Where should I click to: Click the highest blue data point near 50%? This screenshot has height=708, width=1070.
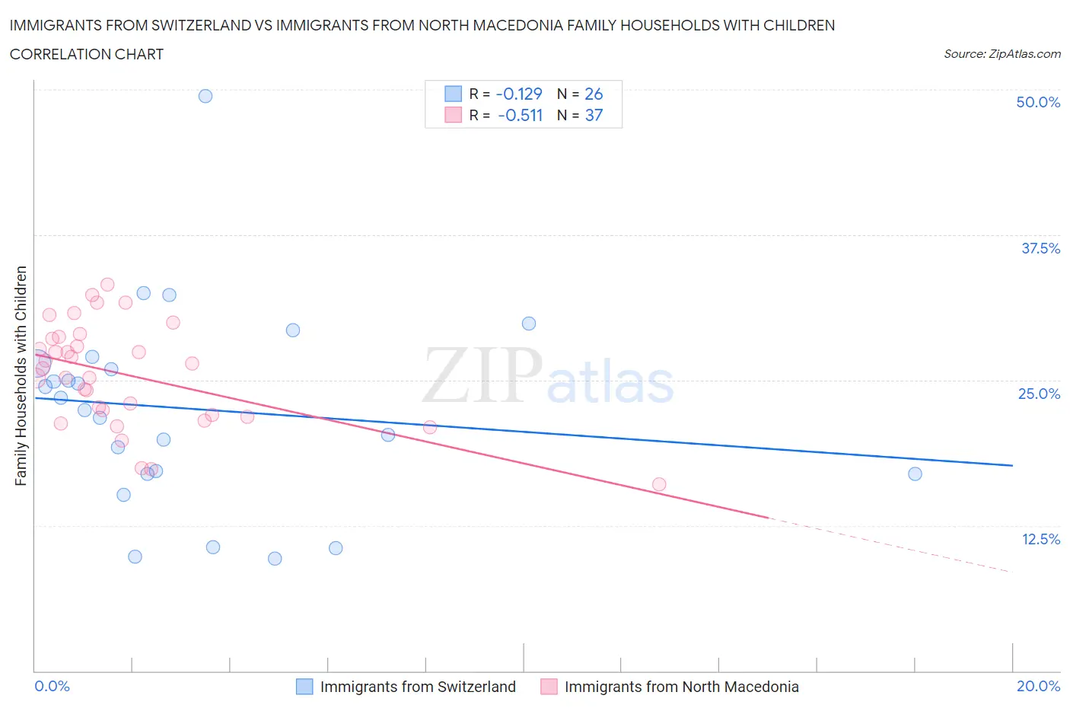(205, 96)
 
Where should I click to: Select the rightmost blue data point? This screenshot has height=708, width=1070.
(915, 474)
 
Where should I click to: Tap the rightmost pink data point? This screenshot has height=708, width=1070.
(659, 484)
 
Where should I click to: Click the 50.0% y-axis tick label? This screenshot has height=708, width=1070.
(1038, 102)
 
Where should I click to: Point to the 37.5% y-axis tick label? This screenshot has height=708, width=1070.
(1040, 248)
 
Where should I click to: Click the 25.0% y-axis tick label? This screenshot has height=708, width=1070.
(1039, 394)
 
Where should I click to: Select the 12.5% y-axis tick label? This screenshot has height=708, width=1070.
(1040, 539)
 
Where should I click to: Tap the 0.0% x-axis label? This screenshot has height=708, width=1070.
(52, 686)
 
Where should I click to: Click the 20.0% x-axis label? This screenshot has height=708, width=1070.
(1038, 686)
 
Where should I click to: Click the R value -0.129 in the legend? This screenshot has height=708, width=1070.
(518, 94)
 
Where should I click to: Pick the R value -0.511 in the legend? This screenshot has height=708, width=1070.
(520, 115)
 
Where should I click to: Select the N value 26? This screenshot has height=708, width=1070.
(594, 94)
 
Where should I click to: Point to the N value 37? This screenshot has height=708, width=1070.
(594, 115)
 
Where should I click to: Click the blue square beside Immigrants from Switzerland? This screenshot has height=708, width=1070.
(304, 687)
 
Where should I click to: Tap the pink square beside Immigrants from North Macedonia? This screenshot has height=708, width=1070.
(549, 687)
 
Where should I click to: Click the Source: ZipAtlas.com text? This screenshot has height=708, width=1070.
(1002, 53)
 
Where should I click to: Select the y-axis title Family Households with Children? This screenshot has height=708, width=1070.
(21, 375)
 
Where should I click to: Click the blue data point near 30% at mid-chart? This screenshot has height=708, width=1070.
(529, 324)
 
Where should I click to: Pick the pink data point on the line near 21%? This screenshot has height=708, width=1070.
(430, 427)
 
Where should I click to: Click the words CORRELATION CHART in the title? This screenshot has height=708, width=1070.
(87, 54)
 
